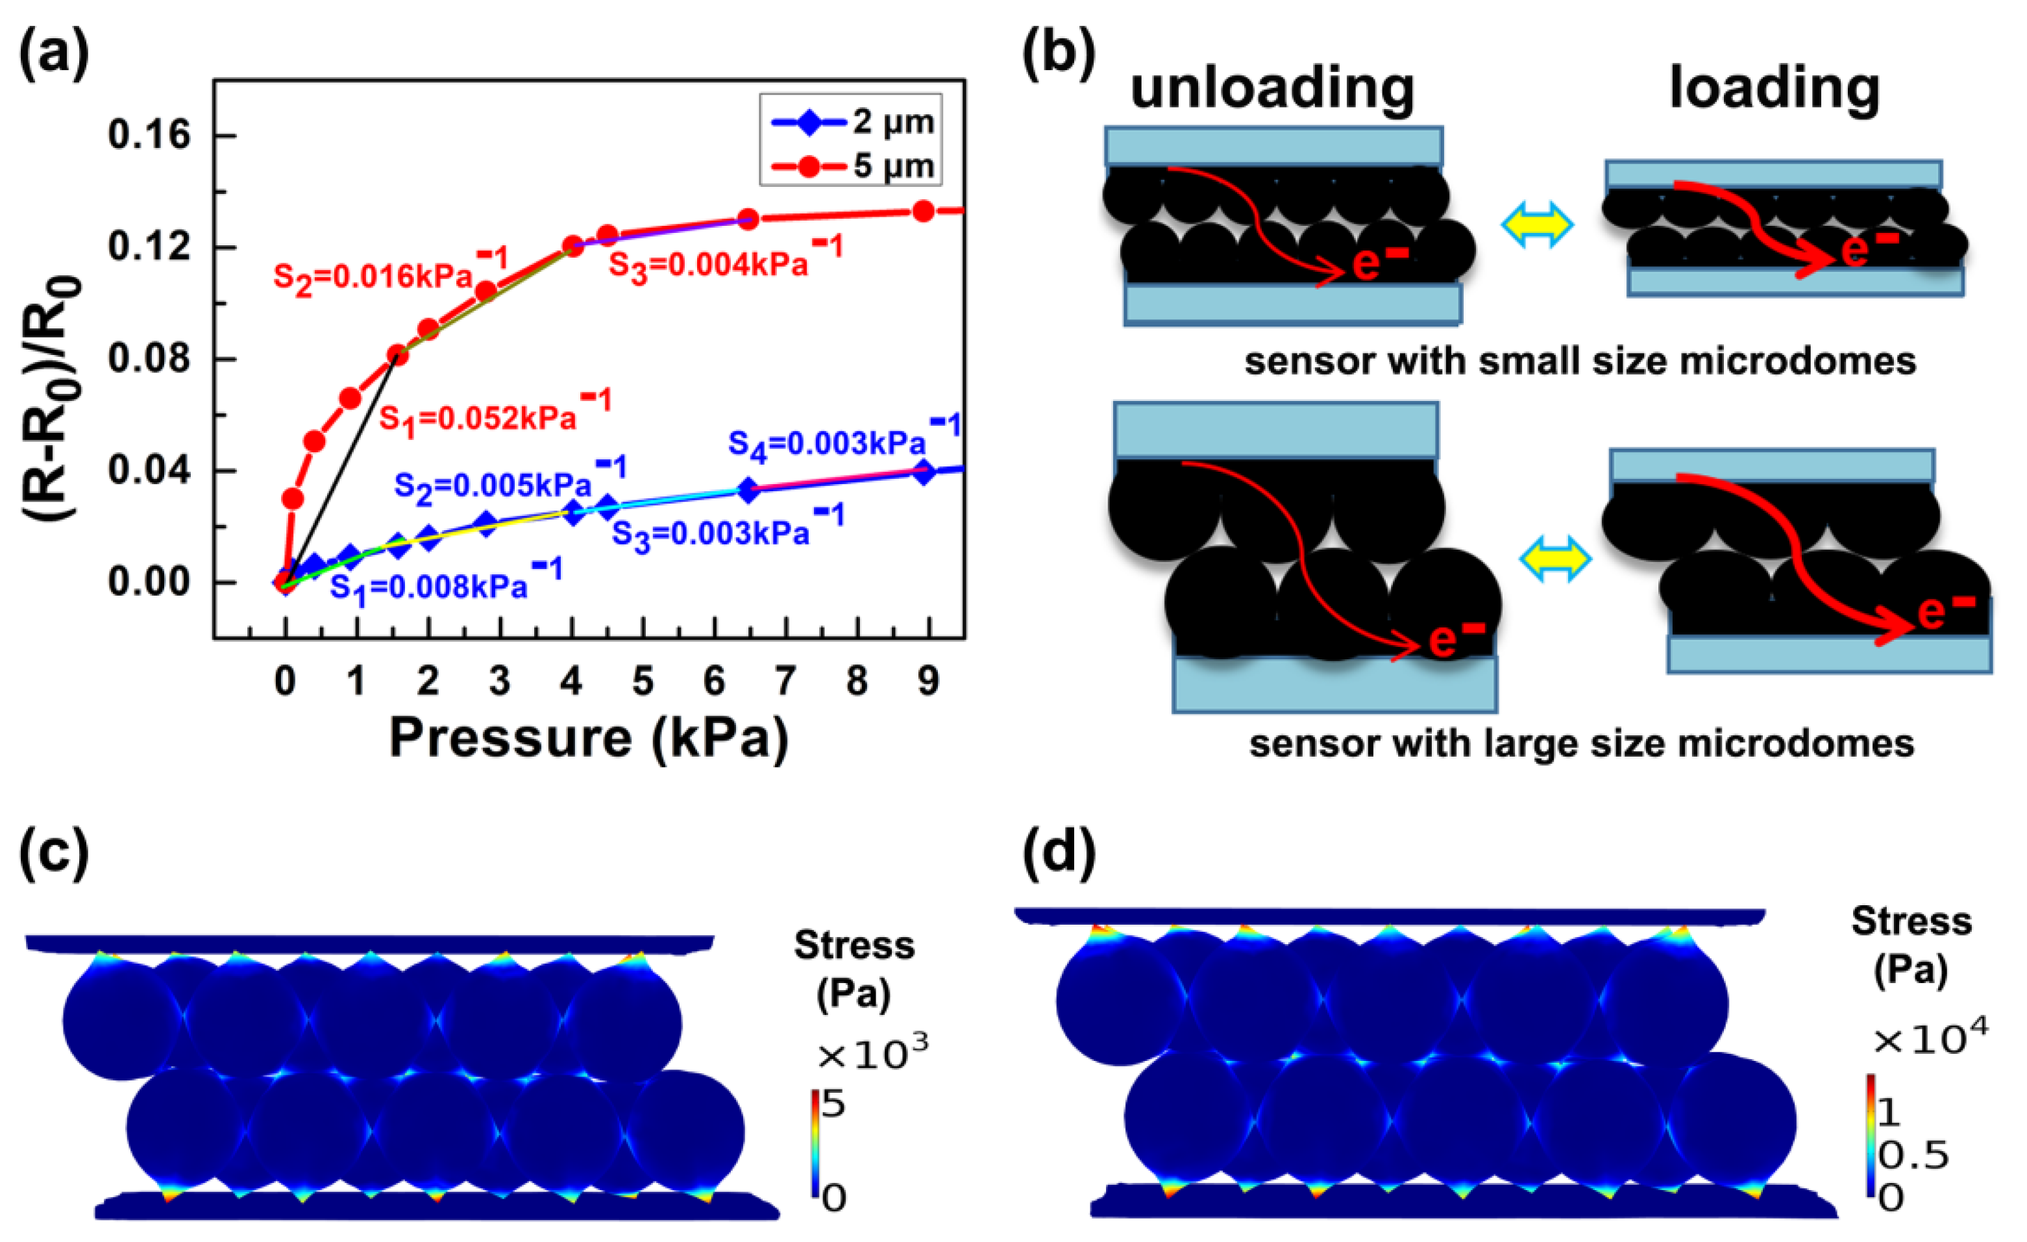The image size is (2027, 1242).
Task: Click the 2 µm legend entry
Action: click(x=852, y=123)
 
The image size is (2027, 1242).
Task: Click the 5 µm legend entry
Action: click(x=852, y=166)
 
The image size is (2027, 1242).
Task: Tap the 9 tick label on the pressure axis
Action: click(x=929, y=681)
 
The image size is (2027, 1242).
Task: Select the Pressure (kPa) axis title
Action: click(x=589, y=738)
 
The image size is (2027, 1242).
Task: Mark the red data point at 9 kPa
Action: click(x=924, y=212)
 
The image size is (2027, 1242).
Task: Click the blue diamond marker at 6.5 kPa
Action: click(x=748, y=490)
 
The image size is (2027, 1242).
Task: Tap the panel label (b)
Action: click(x=1058, y=56)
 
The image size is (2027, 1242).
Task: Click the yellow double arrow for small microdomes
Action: click(x=1537, y=224)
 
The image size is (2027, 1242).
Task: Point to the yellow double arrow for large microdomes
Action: click(x=1554, y=560)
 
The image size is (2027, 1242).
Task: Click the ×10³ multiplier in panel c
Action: click(x=872, y=1051)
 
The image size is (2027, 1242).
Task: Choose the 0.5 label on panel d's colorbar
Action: click(x=1913, y=1156)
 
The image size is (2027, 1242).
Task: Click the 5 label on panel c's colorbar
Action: click(x=833, y=1104)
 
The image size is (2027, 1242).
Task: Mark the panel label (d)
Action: click(x=1059, y=851)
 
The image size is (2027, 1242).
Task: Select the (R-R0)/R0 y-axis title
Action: click(x=51, y=399)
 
